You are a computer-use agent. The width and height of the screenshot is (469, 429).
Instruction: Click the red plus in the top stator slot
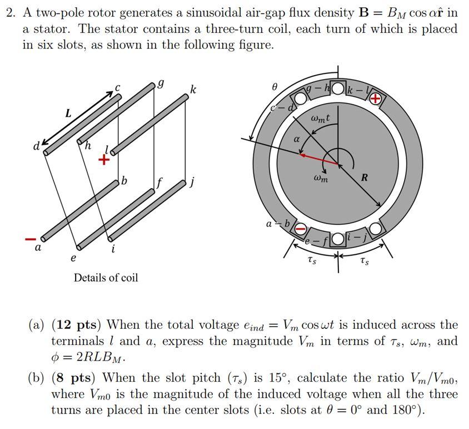pos(376,99)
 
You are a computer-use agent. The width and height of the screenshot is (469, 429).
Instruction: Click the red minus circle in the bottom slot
pos(300,228)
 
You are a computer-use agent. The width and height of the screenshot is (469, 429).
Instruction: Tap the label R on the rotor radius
pos(365,178)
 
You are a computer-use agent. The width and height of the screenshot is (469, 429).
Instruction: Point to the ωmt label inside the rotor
pos(321,118)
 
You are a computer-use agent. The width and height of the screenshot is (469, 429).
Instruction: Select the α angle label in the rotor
pos(297,141)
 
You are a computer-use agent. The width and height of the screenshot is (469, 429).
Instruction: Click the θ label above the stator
pos(274,87)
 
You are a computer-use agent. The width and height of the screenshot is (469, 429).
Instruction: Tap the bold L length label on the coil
pos(68,113)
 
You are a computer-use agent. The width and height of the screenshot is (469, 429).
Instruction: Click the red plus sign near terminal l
pos(103,161)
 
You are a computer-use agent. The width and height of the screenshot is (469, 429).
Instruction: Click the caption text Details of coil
pos(106,277)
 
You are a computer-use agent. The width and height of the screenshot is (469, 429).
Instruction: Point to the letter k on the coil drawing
pos(193,89)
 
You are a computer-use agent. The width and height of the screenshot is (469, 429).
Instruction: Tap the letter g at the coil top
pos(161,83)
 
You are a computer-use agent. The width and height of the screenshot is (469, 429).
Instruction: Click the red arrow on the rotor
pos(320,159)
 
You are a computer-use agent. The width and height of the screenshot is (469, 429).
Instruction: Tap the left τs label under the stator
pos(313,260)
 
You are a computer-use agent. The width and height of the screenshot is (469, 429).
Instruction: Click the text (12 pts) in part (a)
pos(77,324)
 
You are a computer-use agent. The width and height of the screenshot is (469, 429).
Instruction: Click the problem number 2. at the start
pos(10,12)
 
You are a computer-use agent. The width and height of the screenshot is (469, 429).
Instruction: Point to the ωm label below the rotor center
pos(321,179)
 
